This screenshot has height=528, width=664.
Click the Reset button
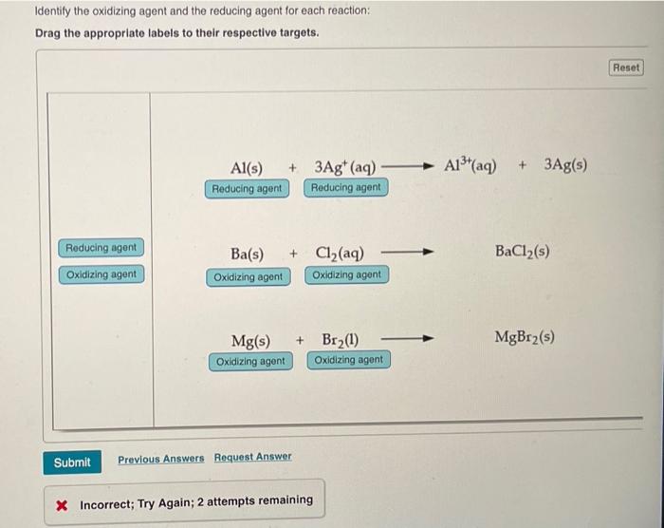pyautogui.click(x=626, y=67)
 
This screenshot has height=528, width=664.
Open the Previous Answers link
pyautogui.click(x=160, y=459)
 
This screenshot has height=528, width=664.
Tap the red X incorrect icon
pyautogui.click(x=62, y=501)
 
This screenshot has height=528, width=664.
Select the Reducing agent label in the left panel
pyautogui.click(x=101, y=248)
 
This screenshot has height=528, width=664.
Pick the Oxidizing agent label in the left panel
pyautogui.click(x=101, y=274)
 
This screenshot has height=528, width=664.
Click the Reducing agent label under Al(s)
pyautogui.click(x=247, y=188)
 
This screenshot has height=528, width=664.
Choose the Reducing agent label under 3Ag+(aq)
pyautogui.click(x=345, y=188)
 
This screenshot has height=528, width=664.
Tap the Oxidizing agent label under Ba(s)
pyautogui.click(x=248, y=276)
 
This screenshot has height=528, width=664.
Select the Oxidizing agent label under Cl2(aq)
pyautogui.click(x=346, y=275)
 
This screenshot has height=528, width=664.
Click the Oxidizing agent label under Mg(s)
pyautogui.click(x=250, y=361)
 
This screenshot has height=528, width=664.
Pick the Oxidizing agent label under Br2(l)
pyautogui.click(x=348, y=360)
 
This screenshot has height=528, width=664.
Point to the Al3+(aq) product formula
pyautogui.click(x=470, y=164)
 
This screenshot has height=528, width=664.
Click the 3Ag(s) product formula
pyautogui.click(x=565, y=164)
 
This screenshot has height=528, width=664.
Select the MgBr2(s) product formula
pyautogui.click(x=525, y=337)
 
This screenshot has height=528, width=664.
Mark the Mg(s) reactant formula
pyautogui.click(x=251, y=340)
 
